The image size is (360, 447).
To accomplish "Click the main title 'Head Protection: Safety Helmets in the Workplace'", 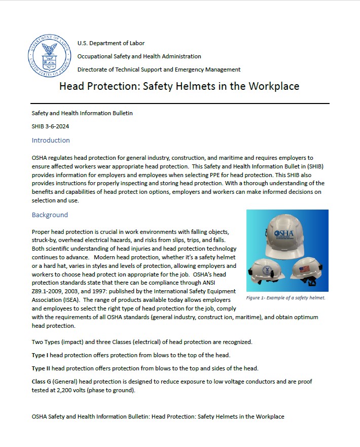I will pos(179,86).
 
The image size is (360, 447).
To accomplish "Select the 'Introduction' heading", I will pos(51,141).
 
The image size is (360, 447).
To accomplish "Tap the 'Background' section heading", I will pos(50,215).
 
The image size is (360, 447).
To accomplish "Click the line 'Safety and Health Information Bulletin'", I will pos(82,113).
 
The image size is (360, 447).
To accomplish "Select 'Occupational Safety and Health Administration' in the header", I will pos(139,56).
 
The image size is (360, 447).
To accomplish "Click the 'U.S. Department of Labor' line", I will pos(111,43).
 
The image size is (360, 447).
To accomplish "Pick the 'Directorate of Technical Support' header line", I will pos(159,70).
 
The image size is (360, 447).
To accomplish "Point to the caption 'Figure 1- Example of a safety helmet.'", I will pos(285,298).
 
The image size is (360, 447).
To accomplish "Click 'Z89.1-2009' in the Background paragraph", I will pos(49,291).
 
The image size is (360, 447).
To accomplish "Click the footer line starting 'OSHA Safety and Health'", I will pos(158,417).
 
